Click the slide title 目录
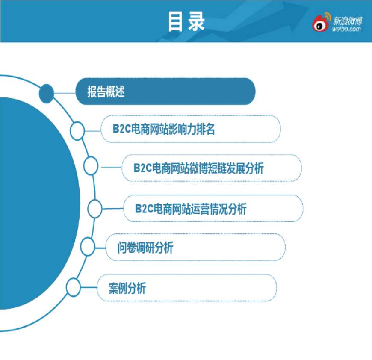click(186, 21)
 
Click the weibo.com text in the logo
click(347, 29)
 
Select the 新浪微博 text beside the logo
click(348, 21)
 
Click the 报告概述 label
click(106, 91)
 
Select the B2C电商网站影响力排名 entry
click(163, 129)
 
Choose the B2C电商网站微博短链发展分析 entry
click(198, 168)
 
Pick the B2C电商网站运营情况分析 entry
click(191, 209)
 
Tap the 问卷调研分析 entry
click(145, 248)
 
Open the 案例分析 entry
click(127, 288)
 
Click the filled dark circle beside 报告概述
click(47, 94)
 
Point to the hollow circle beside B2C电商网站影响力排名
click(77, 131)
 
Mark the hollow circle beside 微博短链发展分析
click(91, 166)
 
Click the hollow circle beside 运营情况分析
click(95, 209)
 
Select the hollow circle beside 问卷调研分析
click(88, 246)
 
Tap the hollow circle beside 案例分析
click(73, 287)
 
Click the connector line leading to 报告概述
click(65, 93)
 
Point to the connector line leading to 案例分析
click(89, 287)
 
